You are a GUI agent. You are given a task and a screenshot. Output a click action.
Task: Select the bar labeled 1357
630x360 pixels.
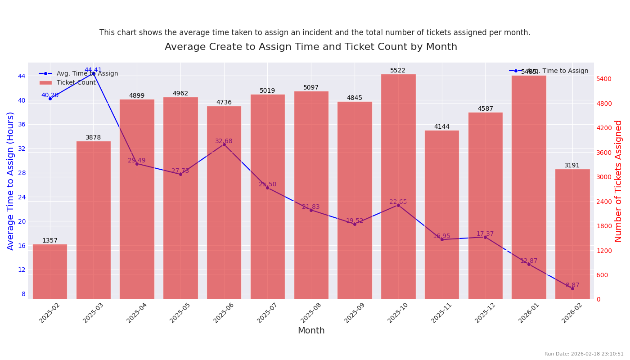[x=50, y=272]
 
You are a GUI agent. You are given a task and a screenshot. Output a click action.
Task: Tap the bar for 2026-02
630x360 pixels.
[x=572, y=234]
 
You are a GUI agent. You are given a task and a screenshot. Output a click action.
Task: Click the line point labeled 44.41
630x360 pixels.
[x=94, y=74]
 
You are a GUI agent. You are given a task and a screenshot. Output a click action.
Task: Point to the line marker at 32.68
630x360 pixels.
[x=224, y=144]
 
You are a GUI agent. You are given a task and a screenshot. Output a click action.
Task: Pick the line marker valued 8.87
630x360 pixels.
[x=572, y=288]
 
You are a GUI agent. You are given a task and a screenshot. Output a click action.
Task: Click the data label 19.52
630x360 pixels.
[x=355, y=220]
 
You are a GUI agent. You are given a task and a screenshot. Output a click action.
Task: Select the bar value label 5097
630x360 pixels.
[x=311, y=88]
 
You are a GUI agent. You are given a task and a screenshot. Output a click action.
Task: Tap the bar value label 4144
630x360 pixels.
[x=441, y=127]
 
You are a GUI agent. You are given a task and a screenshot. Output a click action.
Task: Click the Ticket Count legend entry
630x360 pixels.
[x=76, y=83]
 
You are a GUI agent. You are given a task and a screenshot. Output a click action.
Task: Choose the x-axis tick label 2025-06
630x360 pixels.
[x=224, y=313]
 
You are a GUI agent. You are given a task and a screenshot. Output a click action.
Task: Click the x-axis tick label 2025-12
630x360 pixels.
[x=485, y=313]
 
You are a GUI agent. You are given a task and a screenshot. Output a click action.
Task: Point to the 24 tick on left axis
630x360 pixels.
[x=22, y=197]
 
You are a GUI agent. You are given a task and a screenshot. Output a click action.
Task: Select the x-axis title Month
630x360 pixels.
[x=311, y=331]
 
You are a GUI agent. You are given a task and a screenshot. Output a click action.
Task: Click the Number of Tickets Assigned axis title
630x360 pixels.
[x=619, y=181]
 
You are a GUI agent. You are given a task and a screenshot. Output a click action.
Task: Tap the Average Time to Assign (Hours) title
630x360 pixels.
[x=11, y=181]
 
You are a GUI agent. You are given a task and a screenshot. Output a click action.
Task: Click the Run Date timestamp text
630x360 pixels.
[x=584, y=354]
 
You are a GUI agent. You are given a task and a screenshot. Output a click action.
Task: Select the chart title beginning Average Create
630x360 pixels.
[x=311, y=47]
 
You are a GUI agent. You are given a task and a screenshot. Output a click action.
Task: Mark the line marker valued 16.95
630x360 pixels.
[x=442, y=239]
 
